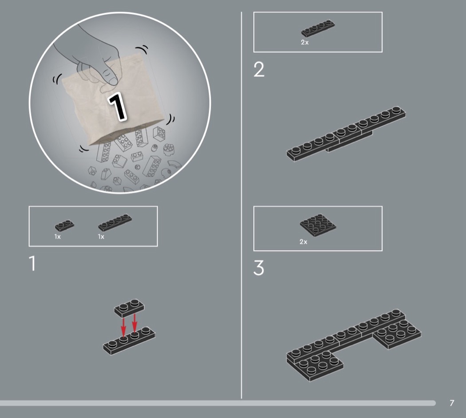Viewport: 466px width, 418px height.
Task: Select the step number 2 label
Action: [259, 70]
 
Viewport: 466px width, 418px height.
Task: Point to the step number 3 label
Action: [259, 268]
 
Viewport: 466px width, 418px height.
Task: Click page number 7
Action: [452, 403]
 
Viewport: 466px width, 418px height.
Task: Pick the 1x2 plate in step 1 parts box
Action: [64, 225]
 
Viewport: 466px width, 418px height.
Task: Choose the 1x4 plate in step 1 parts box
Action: [115, 222]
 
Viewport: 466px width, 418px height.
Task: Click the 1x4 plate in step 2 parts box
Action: [318, 28]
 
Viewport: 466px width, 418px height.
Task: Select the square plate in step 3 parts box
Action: [318, 225]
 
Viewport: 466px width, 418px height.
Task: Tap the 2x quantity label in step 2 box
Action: [304, 42]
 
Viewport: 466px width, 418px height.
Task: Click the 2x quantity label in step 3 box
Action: [304, 242]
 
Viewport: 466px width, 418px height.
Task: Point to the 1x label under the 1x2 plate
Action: [57, 237]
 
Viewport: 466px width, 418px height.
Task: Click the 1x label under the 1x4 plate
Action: [101, 237]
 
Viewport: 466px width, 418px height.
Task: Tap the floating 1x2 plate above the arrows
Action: [129, 308]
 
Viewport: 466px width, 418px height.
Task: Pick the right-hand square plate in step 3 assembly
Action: [397, 333]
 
